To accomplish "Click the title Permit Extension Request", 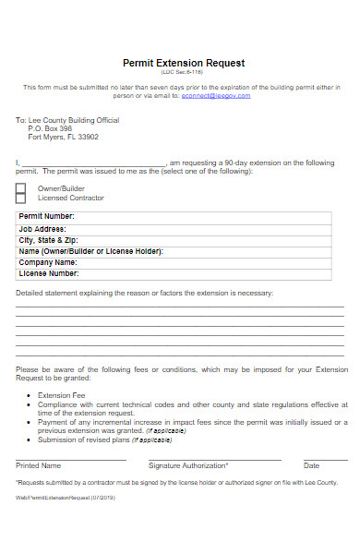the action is [184, 63].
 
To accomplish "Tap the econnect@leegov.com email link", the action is [216, 95].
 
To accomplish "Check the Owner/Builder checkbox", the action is [20, 188].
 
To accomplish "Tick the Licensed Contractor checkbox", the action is [20, 199].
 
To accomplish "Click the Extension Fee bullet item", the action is [61, 395].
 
